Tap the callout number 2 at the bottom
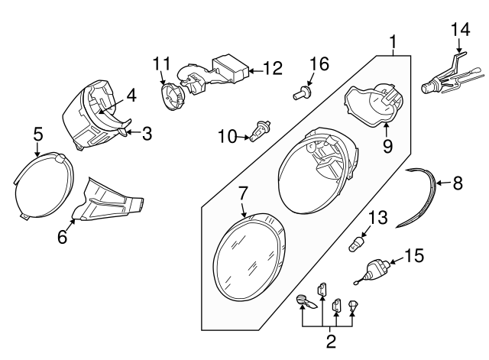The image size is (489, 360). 331,342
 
